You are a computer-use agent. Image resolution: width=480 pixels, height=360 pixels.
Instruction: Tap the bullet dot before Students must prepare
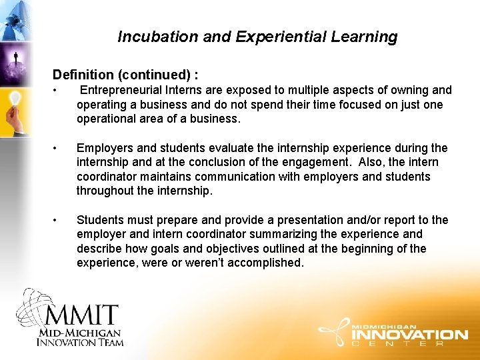pyautogui.click(x=60, y=220)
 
